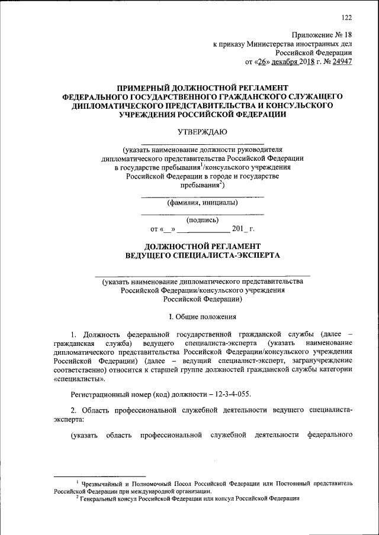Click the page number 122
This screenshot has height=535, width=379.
346,17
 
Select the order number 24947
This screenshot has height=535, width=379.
341,60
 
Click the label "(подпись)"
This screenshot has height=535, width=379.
202,219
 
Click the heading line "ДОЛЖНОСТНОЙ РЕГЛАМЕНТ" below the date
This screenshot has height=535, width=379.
202,245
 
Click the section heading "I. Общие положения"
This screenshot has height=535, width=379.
202,317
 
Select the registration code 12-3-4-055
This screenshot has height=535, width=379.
237,393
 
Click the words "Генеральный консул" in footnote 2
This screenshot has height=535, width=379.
110,498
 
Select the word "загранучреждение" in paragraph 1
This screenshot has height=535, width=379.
323,360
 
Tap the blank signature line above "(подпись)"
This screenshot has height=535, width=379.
202,213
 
